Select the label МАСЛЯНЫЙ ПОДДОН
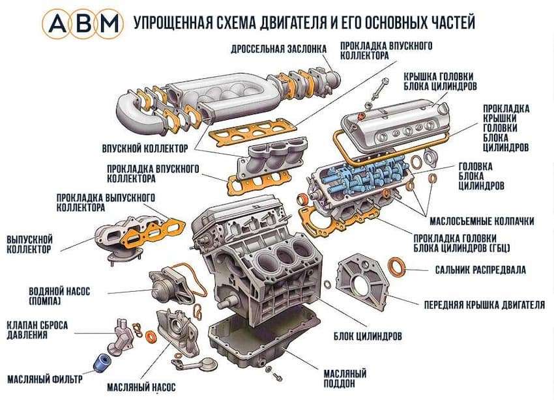343,377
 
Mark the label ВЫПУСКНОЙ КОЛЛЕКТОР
29,244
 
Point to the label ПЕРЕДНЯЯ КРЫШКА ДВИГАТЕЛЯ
484,304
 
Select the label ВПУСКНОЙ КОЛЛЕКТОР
145,147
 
